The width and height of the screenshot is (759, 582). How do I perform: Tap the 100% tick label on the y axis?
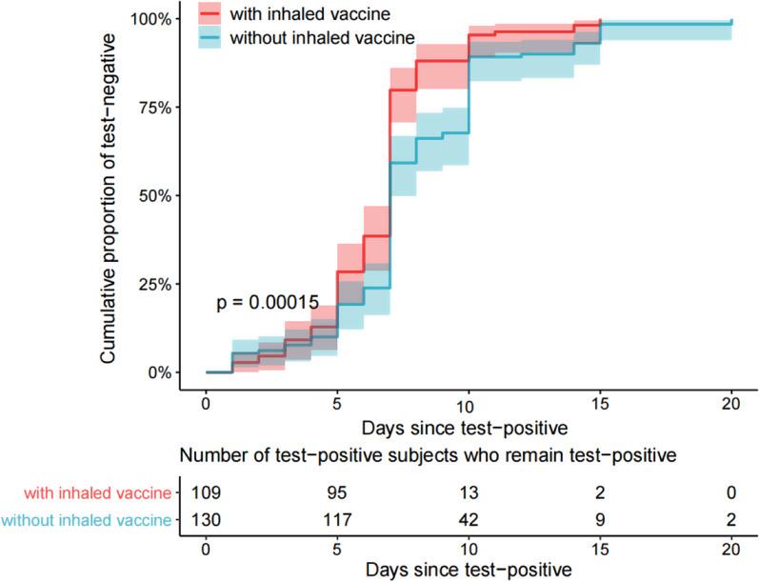(150, 19)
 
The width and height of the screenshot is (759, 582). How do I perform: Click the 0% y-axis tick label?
(158, 372)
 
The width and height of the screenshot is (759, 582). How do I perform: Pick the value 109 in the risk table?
(207, 493)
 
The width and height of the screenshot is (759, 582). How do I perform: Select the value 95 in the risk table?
(337, 493)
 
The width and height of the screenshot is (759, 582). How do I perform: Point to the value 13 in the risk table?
(469, 493)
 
